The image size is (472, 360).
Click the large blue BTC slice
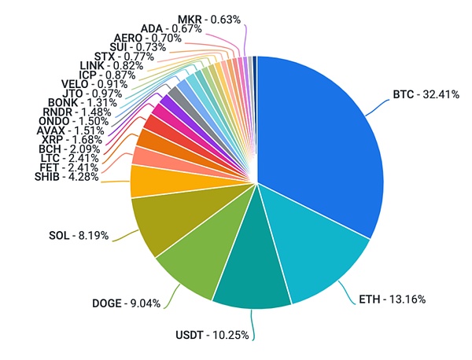pos(323,141)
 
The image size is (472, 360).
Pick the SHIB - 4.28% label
pos(66,176)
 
